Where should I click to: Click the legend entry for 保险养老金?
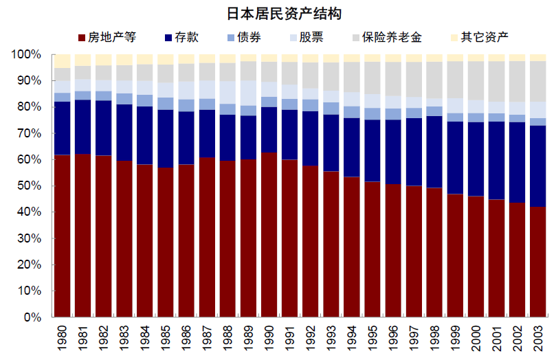pos(389,37)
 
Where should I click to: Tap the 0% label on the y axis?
pos(33,318)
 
